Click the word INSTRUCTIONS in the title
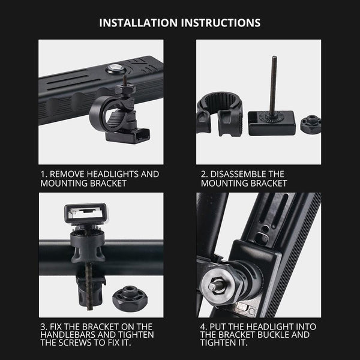[221, 23]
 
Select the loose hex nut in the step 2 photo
[310, 124]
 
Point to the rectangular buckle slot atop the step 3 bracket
[85, 214]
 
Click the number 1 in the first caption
[43, 174]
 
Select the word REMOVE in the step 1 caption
[68, 174]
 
